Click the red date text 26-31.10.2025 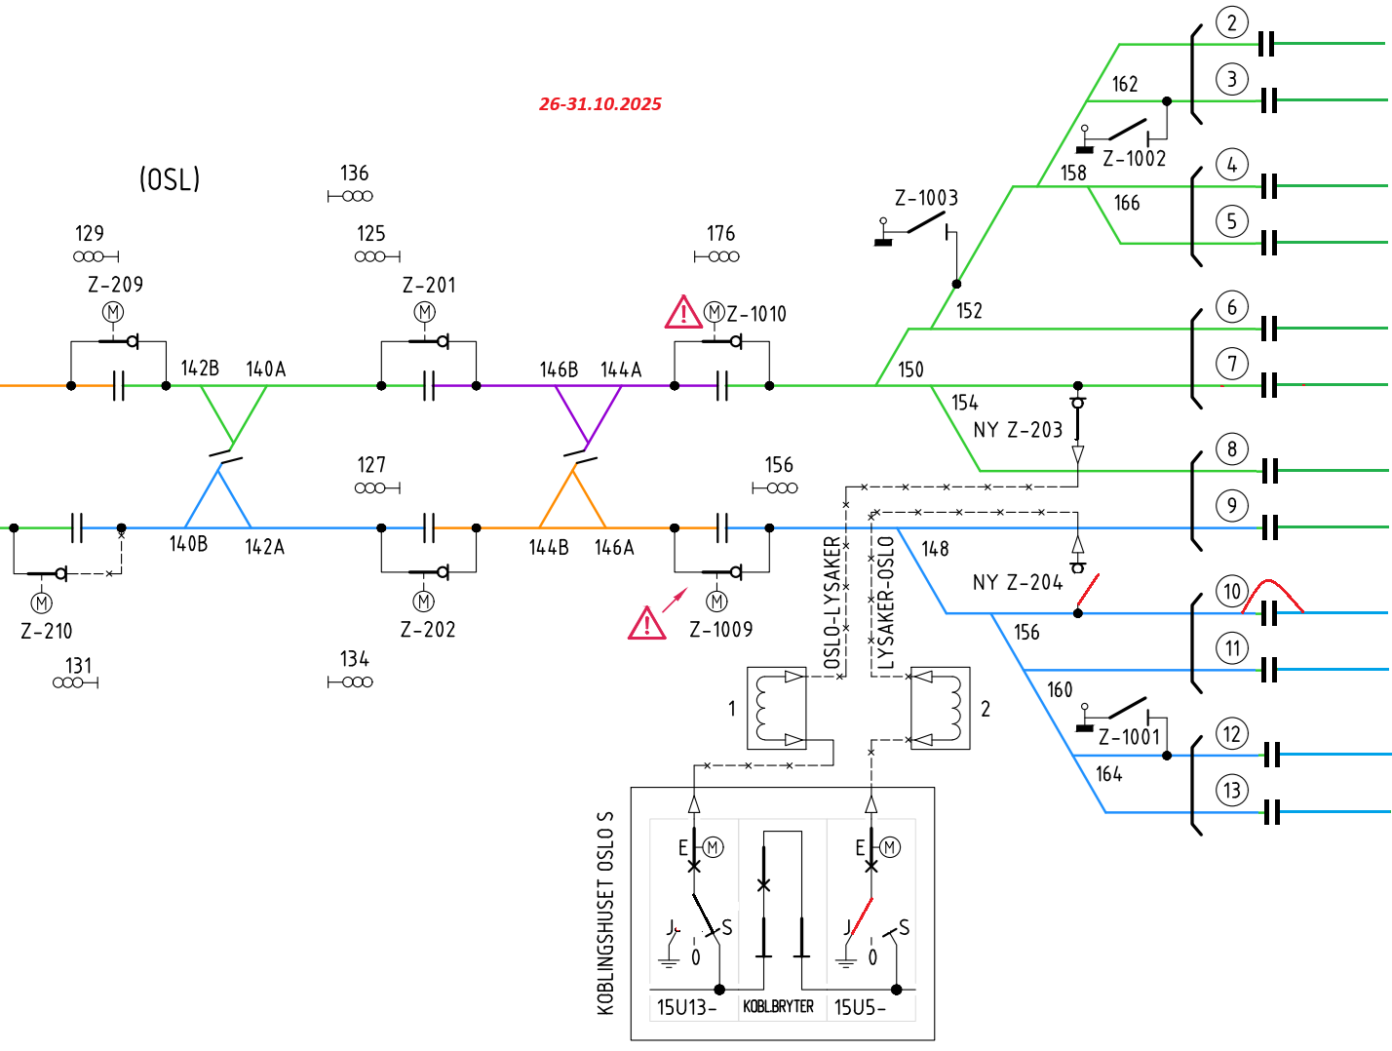(600, 104)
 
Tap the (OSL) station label (170, 179)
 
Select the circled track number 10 (1232, 591)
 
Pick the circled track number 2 (1232, 22)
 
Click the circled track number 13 (1232, 791)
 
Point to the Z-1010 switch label (756, 314)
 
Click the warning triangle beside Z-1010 (683, 313)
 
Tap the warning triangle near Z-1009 (646, 623)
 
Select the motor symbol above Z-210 (41, 603)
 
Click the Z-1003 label (926, 199)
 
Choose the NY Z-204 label (1018, 583)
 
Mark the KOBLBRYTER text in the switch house (778, 1007)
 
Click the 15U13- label (686, 1008)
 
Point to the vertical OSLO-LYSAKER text (831, 603)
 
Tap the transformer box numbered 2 (940, 708)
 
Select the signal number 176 (721, 234)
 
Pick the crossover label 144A (621, 370)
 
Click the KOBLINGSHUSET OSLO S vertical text (606, 913)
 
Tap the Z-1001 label (1129, 737)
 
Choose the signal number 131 (79, 666)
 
